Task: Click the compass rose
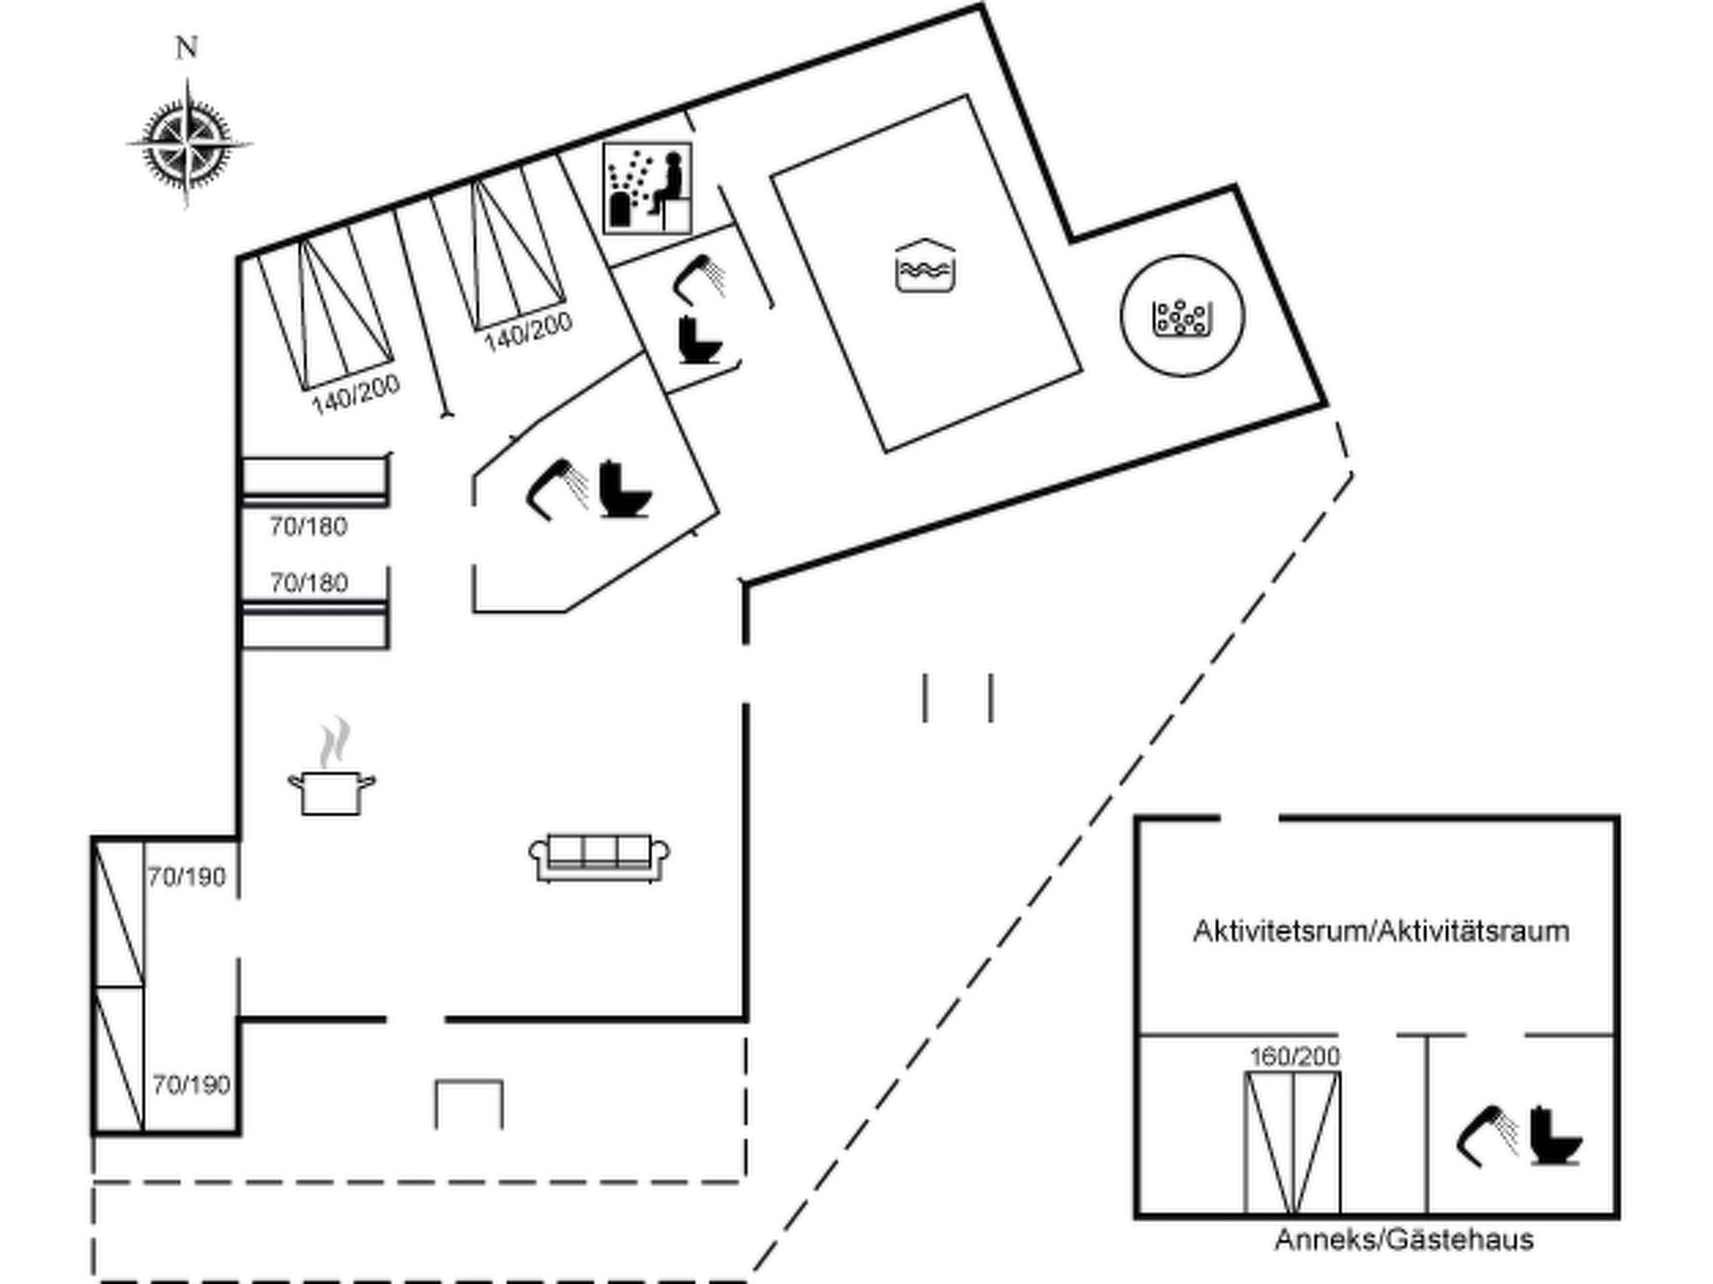[187, 144]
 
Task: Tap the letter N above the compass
[187, 48]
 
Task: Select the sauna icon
[647, 189]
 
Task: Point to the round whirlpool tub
[1182, 316]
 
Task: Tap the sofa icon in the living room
[599, 857]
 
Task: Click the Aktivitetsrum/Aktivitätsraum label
[1380, 931]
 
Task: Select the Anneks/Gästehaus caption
[1404, 1239]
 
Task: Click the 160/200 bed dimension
[1294, 1057]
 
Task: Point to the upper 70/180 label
[308, 527]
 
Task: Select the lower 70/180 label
[308, 582]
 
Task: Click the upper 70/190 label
[187, 877]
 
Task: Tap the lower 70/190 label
[191, 1085]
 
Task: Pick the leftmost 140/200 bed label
[355, 394]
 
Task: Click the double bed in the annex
[1292, 1142]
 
